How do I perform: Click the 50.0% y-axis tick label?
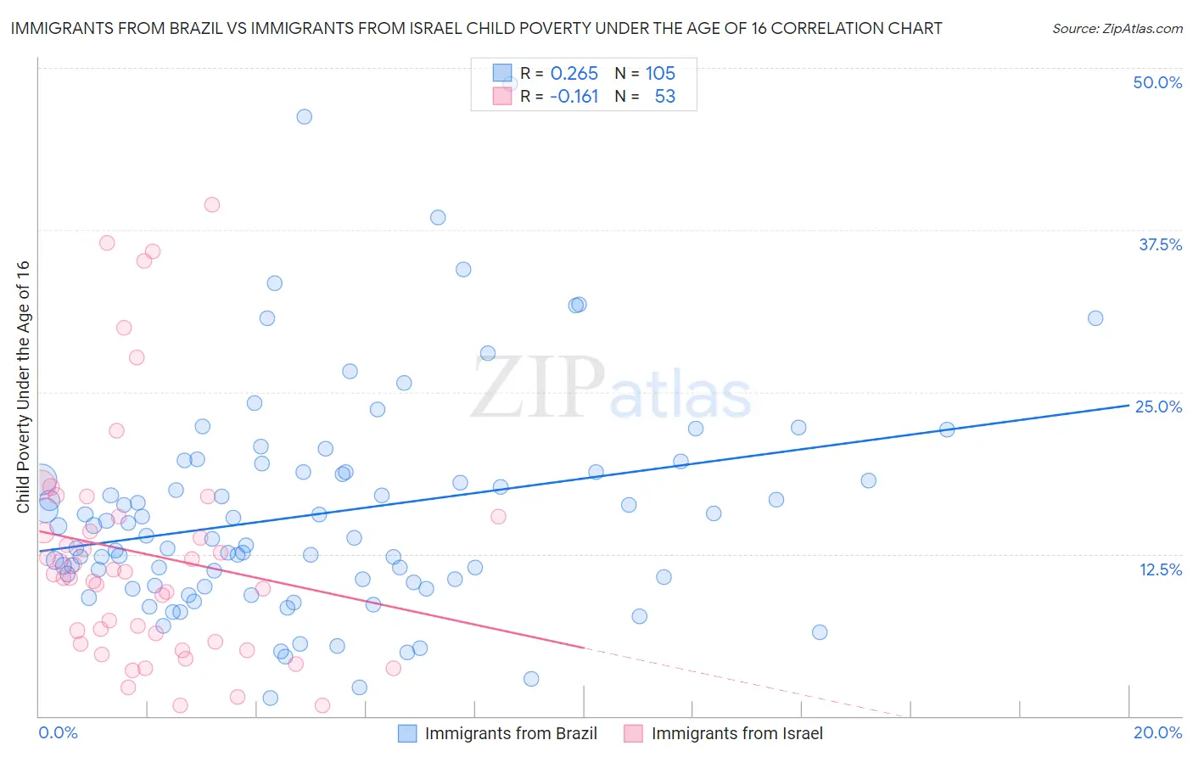[1157, 82]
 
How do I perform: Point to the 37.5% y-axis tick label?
[1160, 244]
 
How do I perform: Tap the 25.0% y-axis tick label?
[1158, 407]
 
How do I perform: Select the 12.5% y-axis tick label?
[1160, 569]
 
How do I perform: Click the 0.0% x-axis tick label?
[58, 732]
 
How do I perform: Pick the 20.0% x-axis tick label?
[1157, 732]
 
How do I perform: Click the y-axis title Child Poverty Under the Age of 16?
[24, 387]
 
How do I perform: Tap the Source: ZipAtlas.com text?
[1117, 28]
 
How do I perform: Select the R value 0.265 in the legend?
[574, 74]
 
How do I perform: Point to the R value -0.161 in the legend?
[574, 97]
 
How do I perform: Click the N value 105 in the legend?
[660, 74]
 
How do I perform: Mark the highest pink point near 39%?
[212, 205]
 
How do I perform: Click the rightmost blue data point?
[1095, 318]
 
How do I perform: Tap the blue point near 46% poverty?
[304, 117]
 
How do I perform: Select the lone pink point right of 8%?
[498, 517]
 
